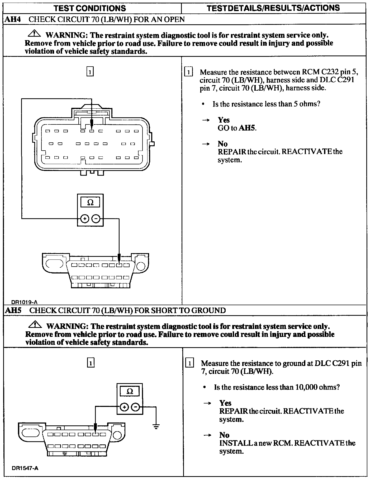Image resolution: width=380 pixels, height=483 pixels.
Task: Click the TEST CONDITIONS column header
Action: tap(90, 8)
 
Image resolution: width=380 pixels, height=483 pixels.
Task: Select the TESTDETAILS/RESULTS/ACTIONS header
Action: tap(273, 8)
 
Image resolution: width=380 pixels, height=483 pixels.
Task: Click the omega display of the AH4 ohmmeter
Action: tap(90, 202)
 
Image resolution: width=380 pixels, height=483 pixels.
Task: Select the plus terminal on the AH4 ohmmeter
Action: tap(84, 219)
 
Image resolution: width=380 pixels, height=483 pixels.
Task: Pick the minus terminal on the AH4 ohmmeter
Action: tap(96, 219)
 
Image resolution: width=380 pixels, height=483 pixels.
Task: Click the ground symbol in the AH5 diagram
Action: tap(156, 426)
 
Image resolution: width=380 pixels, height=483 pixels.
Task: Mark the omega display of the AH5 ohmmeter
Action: tap(130, 391)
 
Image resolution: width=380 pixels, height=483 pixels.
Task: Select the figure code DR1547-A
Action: tap(25, 468)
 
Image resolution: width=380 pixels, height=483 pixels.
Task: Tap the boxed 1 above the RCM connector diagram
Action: tap(90, 72)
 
